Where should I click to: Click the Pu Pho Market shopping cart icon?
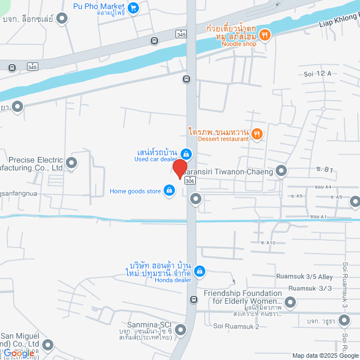[x=133, y=7]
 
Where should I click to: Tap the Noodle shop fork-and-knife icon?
[x=265, y=35]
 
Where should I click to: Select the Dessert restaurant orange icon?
[x=256, y=133]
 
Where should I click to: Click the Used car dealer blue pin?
[x=186, y=154]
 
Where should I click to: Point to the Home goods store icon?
[x=168, y=191]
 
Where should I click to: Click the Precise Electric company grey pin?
[x=71, y=164]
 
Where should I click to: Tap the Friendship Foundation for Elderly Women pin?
[x=290, y=303]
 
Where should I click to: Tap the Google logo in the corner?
[x=18, y=353]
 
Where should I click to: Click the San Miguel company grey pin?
[x=49, y=344]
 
